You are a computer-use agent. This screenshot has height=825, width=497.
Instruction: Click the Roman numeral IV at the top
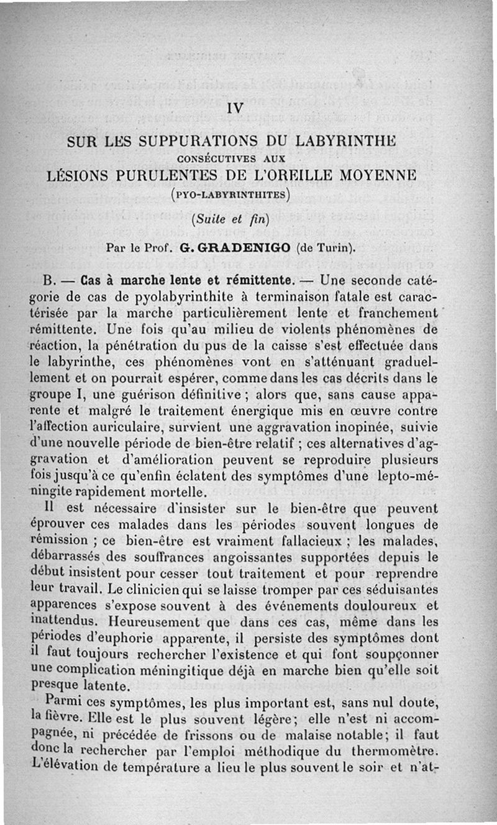click(x=235, y=108)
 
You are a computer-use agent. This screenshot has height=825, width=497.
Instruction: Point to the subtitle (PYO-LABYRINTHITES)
click(x=230, y=194)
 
